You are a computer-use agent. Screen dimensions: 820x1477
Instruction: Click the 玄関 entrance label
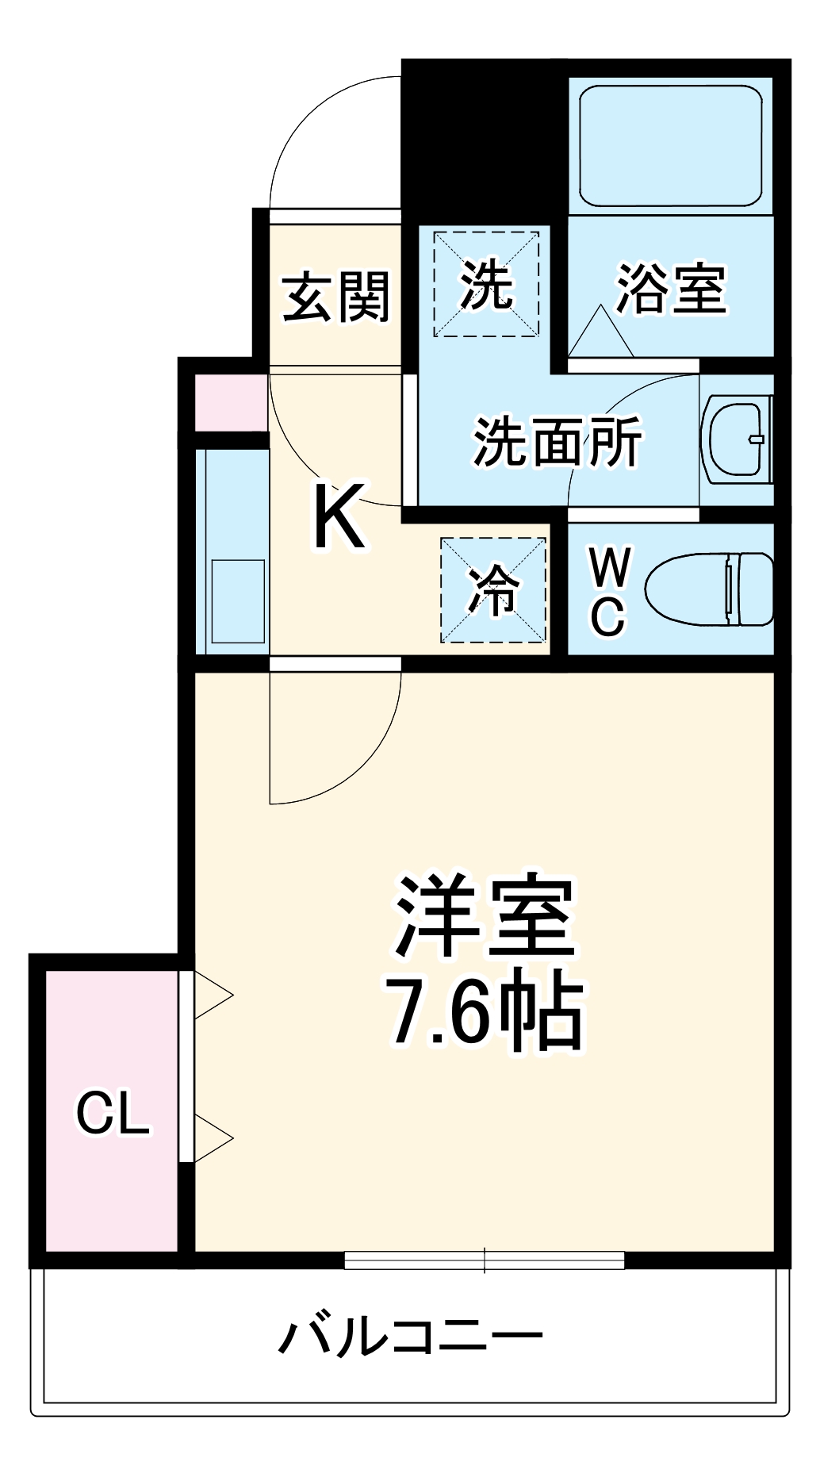(x=337, y=297)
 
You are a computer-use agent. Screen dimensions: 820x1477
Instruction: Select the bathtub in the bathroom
(x=670, y=146)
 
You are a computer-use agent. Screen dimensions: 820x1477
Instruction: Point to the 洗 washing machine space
(x=486, y=284)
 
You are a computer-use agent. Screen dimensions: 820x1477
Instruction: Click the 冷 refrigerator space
(x=493, y=590)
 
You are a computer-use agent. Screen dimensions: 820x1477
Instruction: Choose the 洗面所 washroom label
(x=558, y=442)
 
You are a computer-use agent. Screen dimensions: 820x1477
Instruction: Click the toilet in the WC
(x=709, y=589)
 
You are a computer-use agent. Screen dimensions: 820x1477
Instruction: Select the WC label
(x=609, y=591)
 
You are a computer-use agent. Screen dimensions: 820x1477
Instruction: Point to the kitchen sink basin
(x=237, y=601)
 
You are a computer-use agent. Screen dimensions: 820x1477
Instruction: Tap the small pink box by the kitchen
(x=232, y=403)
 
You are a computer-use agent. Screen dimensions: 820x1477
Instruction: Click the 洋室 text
(x=485, y=917)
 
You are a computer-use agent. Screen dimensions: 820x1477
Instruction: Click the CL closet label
(x=113, y=1113)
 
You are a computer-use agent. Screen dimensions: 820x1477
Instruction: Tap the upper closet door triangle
(x=212, y=995)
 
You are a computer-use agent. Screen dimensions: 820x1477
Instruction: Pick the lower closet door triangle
(x=212, y=1139)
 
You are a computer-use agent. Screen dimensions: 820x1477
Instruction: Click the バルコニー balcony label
(x=411, y=1337)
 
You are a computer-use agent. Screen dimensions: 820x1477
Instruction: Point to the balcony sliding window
(x=485, y=1260)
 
